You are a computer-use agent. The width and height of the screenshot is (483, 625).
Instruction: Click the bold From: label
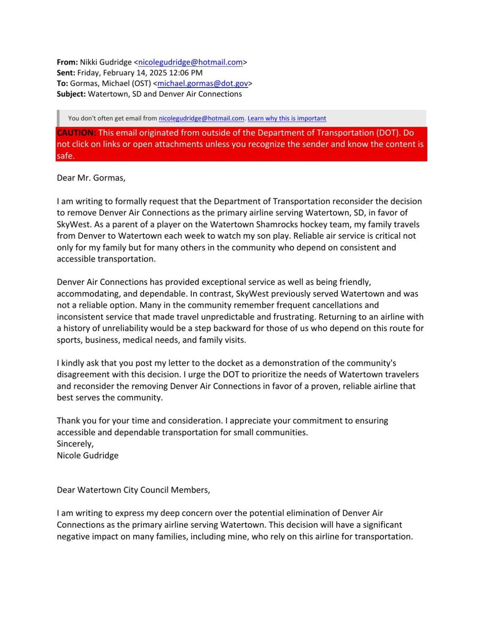pyautogui.click(x=67, y=62)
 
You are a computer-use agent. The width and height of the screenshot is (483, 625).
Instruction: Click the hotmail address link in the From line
pyautogui.click(x=190, y=62)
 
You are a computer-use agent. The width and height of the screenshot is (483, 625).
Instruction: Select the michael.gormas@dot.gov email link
pyautogui.click(x=202, y=83)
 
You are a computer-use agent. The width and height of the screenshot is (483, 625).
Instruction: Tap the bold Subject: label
pyautogui.click(x=71, y=94)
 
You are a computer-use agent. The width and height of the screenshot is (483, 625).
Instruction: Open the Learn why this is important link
pyautogui.click(x=287, y=118)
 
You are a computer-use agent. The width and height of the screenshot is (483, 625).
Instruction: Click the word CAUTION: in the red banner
pyautogui.click(x=76, y=133)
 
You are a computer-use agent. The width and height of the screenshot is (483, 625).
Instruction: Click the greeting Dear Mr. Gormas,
pyautogui.click(x=91, y=178)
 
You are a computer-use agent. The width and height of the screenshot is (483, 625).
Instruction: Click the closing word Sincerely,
pyautogui.click(x=75, y=444)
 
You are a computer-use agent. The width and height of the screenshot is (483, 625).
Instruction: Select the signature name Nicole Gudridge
pyautogui.click(x=88, y=456)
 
